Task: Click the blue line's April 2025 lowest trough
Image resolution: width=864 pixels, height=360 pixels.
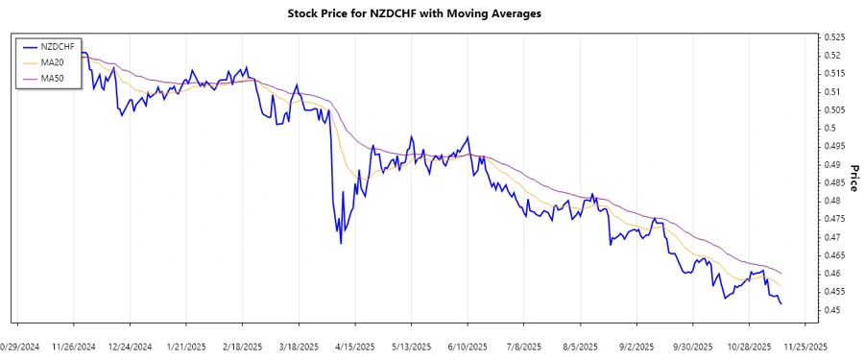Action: (341, 243)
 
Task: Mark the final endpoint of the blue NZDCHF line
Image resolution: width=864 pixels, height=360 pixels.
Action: (780, 304)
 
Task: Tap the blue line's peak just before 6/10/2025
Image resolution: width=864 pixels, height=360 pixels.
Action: (467, 137)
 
